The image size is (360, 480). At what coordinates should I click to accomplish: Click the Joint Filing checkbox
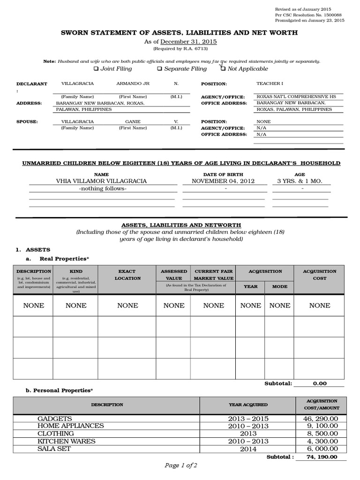click(x=96, y=69)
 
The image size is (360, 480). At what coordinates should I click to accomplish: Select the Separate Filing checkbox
click(x=159, y=69)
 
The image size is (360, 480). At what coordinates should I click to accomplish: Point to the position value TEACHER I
click(x=270, y=83)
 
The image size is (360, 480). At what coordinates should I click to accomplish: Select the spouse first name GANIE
click(x=133, y=121)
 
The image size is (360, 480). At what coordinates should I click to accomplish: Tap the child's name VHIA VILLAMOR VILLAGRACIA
click(x=101, y=181)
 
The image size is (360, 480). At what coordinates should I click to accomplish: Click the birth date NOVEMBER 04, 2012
click(x=223, y=181)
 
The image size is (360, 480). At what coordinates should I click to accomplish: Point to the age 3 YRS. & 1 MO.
click(x=300, y=181)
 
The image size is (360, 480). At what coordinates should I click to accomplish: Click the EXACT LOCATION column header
click(x=127, y=275)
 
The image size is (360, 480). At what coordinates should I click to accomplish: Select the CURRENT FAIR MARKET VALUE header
click(x=214, y=275)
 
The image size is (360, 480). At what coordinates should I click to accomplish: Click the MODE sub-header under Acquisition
click(x=279, y=286)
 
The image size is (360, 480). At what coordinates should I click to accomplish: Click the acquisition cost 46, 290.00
click(x=321, y=418)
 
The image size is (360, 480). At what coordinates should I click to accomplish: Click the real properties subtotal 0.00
click(x=320, y=383)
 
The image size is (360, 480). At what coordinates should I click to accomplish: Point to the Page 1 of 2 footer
click(x=180, y=465)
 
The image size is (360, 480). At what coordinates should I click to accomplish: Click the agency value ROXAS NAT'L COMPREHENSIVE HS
click(x=296, y=97)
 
